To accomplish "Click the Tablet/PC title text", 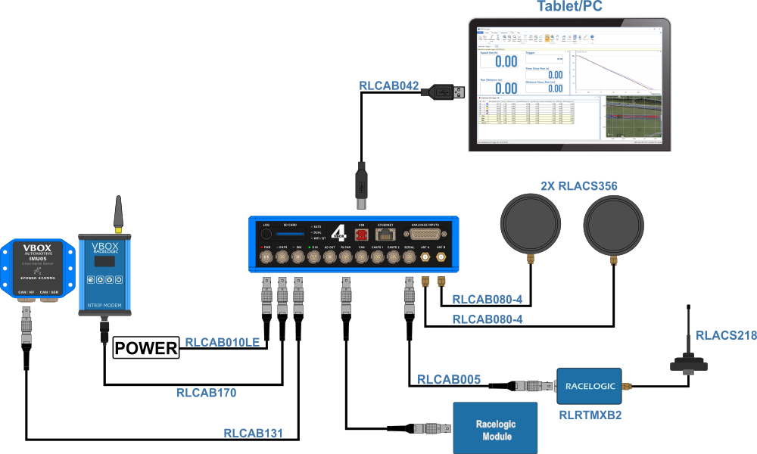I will click(569, 8).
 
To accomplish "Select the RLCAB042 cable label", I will click(388, 86).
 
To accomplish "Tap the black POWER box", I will click(145, 348).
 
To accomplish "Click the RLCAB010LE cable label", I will click(226, 343).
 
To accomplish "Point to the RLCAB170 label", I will click(209, 393).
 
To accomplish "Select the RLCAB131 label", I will click(253, 434).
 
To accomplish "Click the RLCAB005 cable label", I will click(449, 380).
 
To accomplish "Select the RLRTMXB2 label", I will click(590, 414).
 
